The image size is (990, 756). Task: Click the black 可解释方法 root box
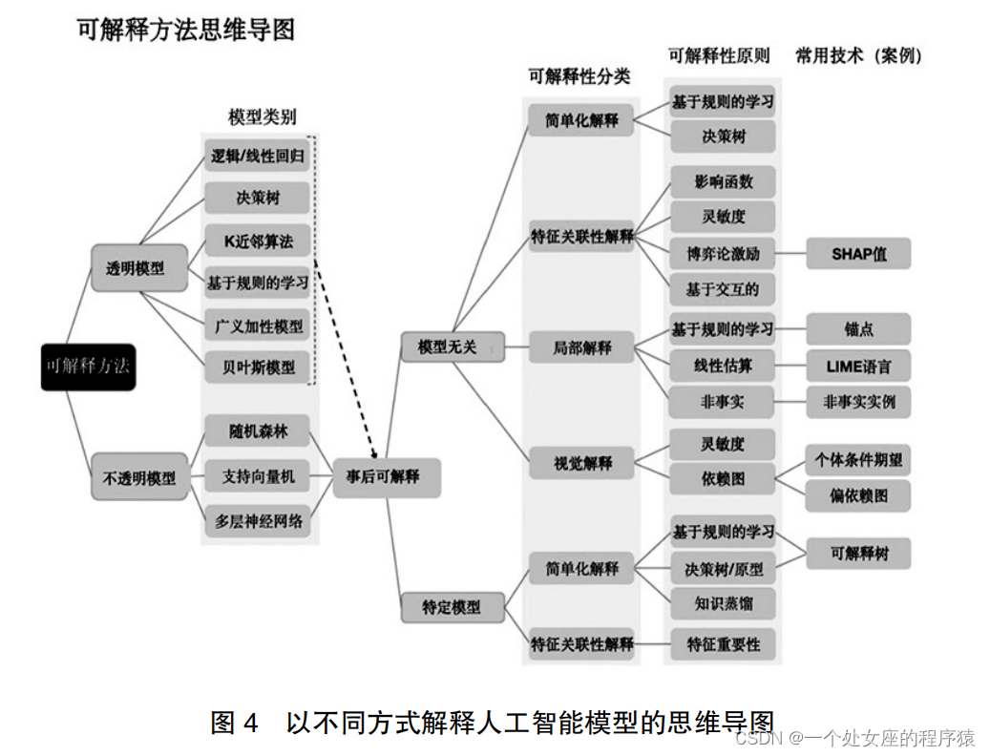(x=88, y=366)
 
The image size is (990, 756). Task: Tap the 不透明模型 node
(x=138, y=478)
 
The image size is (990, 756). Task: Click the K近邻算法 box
(x=258, y=241)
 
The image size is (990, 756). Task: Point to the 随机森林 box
(x=258, y=431)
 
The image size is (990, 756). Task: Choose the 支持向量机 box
(x=258, y=475)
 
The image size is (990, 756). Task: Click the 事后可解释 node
(x=386, y=475)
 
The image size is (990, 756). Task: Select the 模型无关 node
(x=447, y=346)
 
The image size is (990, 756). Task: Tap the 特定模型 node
(x=451, y=606)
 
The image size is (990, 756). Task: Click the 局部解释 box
(x=581, y=347)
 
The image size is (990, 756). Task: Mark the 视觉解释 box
(x=581, y=464)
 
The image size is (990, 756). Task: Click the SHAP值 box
(x=858, y=254)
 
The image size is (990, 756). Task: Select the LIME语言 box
(x=858, y=366)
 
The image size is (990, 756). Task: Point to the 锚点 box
(x=858, y=329)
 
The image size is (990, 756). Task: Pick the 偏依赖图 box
(x=858, y=495)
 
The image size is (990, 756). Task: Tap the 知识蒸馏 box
(x=724, y=603)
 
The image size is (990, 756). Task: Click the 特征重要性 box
(x=724, y=644)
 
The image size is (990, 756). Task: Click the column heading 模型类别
(x=262, y=117)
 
